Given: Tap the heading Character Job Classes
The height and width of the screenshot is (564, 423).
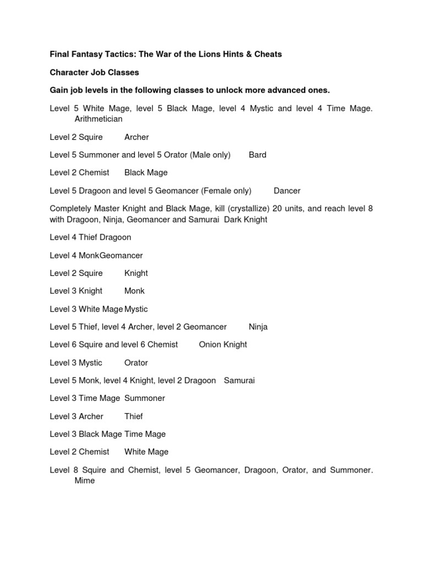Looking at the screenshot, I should tap(94, 72).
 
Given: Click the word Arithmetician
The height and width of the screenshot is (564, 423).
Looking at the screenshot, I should tap(99, 119).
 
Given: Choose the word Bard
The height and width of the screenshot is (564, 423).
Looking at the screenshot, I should tap(257, 155).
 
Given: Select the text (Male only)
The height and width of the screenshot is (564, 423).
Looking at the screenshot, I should tap(210, 155).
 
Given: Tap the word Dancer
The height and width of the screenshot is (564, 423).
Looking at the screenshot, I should tap(287, 191).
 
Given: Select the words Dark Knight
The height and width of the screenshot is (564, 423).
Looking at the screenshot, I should tap(246, 219).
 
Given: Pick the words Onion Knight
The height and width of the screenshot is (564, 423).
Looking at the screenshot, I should tap(223, 344).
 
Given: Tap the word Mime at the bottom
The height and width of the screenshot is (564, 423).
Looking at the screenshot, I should tap(85, 480).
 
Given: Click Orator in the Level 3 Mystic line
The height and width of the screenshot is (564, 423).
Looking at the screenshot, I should tap(136, 362).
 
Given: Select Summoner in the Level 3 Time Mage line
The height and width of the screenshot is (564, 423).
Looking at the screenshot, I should tap(145, 398).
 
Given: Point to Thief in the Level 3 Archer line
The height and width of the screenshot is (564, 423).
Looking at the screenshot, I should tap(134, 416).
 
